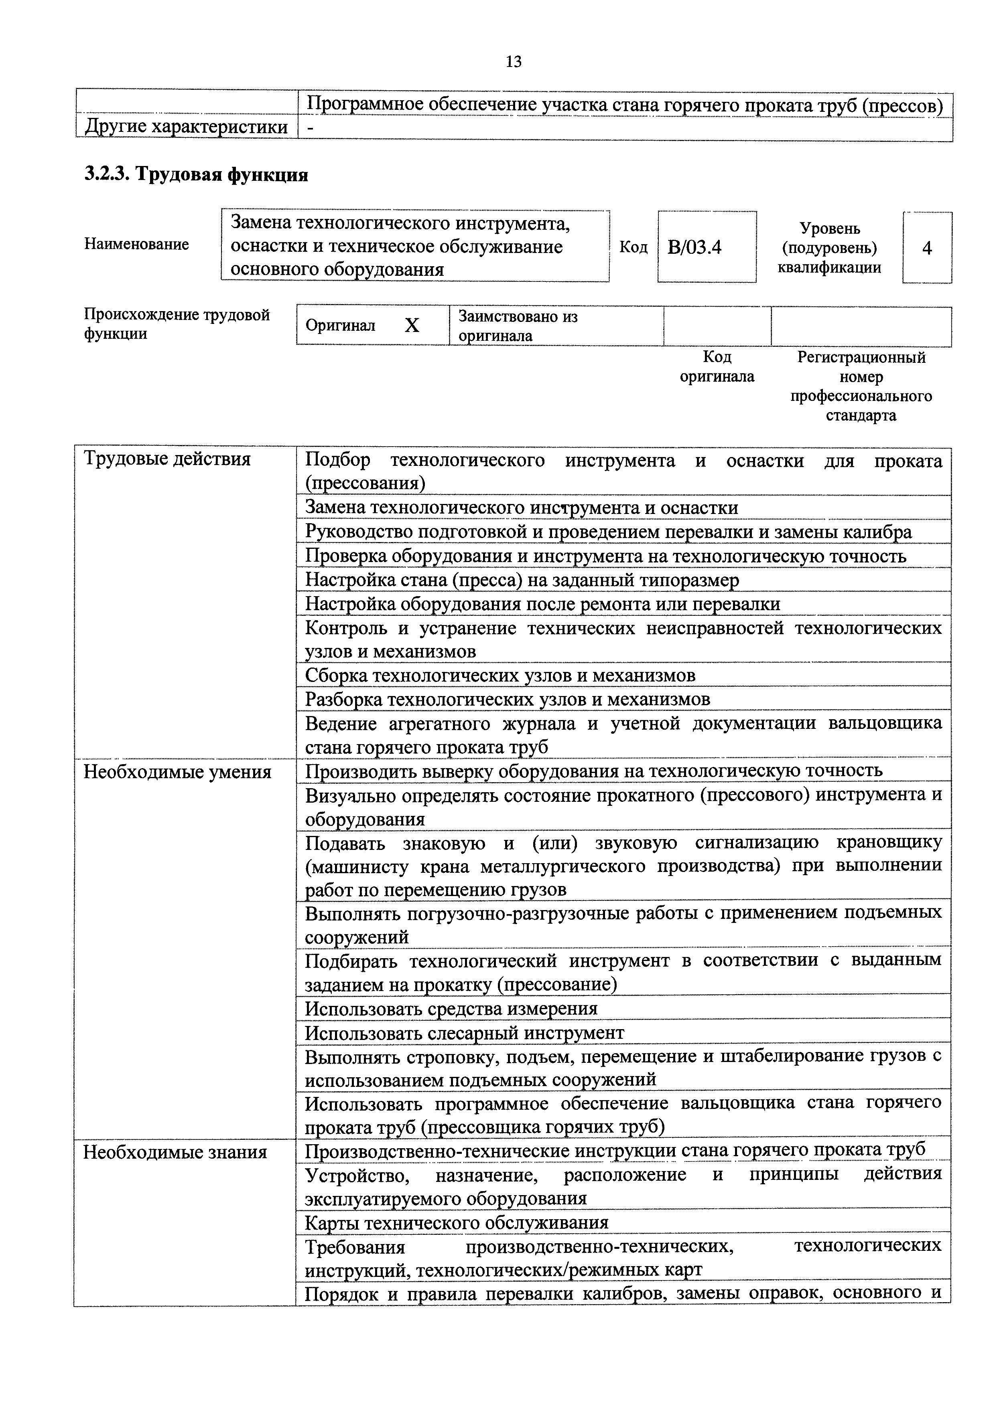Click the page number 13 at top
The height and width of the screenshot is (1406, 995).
[x=514, y=62]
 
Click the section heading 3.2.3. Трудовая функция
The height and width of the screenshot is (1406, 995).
[x=196, y=175]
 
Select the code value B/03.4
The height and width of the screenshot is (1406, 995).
[x=695, y=247]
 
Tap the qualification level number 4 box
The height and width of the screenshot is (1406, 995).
[x=926, y=248]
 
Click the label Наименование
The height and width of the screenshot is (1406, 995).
[x=136, y=244]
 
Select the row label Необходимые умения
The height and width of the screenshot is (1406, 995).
[x=177, y=772]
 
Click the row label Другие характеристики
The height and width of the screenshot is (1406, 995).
[x=186, y=127]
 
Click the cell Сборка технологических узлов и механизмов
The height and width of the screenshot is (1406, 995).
[x=500, y=676]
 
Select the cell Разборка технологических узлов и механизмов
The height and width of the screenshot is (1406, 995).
[x=507, y=699]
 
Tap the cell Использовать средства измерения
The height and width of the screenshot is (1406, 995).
[x=451, y=1009]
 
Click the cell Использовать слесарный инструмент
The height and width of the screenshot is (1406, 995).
[x=465, y=1033]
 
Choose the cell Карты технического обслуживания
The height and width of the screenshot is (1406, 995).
[x=457, y=1223]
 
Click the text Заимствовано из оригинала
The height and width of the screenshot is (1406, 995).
[x=518, y=326]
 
